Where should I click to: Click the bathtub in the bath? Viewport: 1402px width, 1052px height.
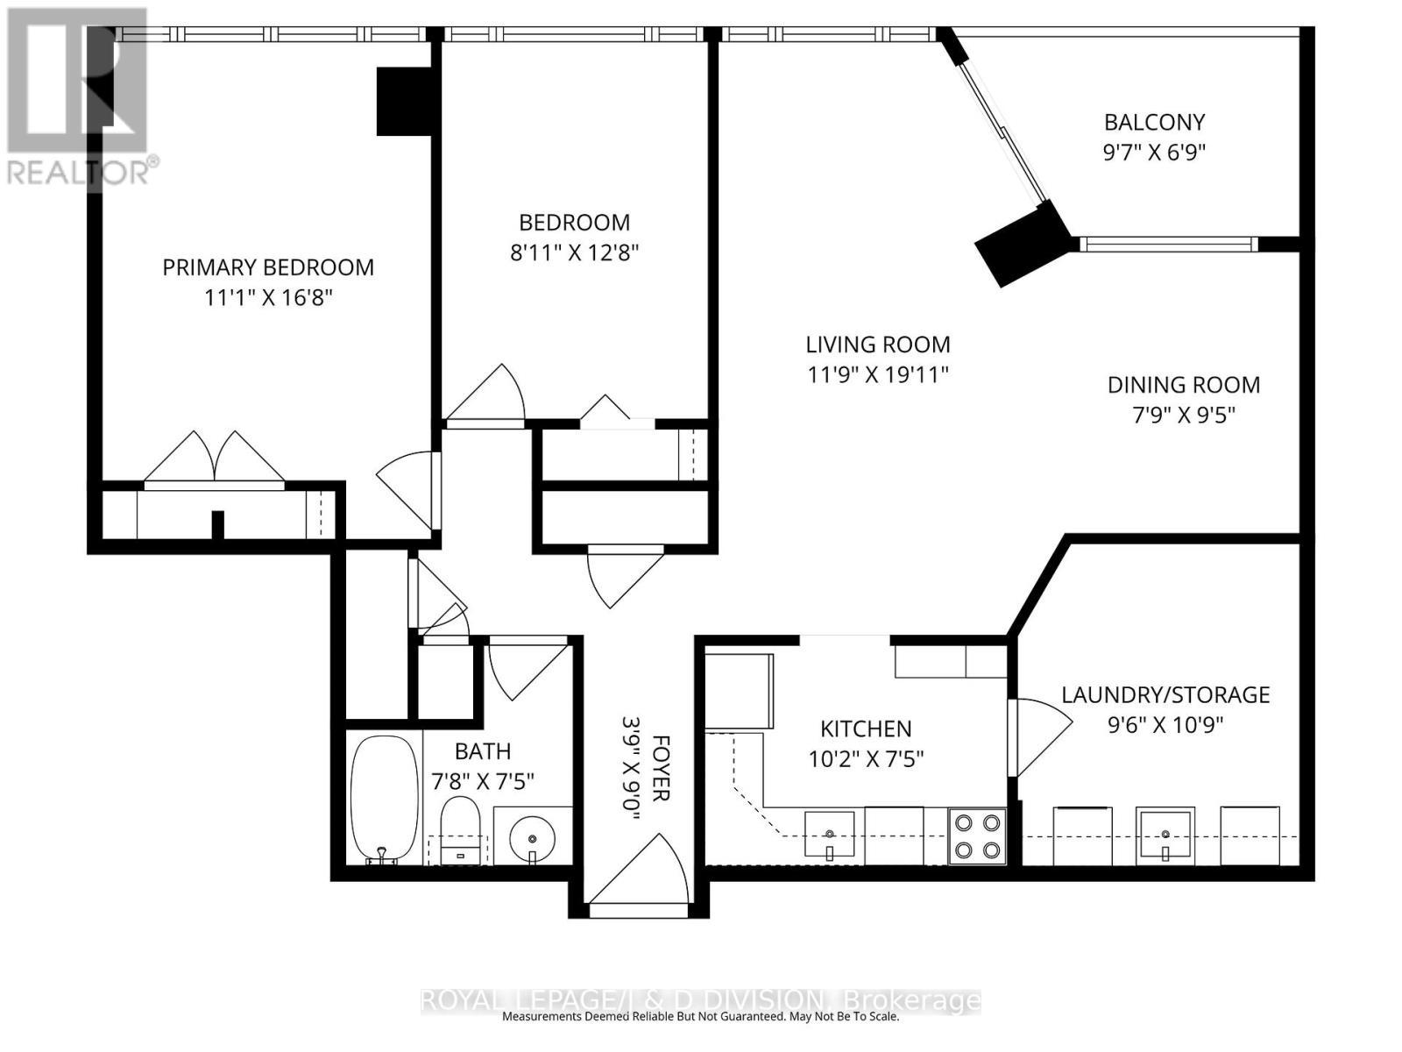[385, 799]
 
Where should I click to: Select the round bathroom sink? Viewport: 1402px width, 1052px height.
[532, 838]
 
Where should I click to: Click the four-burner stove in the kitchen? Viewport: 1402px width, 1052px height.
[977, 835]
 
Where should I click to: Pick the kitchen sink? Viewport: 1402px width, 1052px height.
[829, 834]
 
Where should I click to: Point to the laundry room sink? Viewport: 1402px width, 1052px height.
[1164, 834]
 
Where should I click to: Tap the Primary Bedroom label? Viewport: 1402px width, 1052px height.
[268, 267]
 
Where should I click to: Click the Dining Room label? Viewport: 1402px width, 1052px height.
[1183, 385]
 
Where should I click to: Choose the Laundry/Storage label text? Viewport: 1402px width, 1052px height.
[1165, 695]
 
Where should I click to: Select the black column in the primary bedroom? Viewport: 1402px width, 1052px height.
[405, 101]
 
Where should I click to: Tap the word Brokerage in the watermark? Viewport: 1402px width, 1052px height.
[911, 1001]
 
